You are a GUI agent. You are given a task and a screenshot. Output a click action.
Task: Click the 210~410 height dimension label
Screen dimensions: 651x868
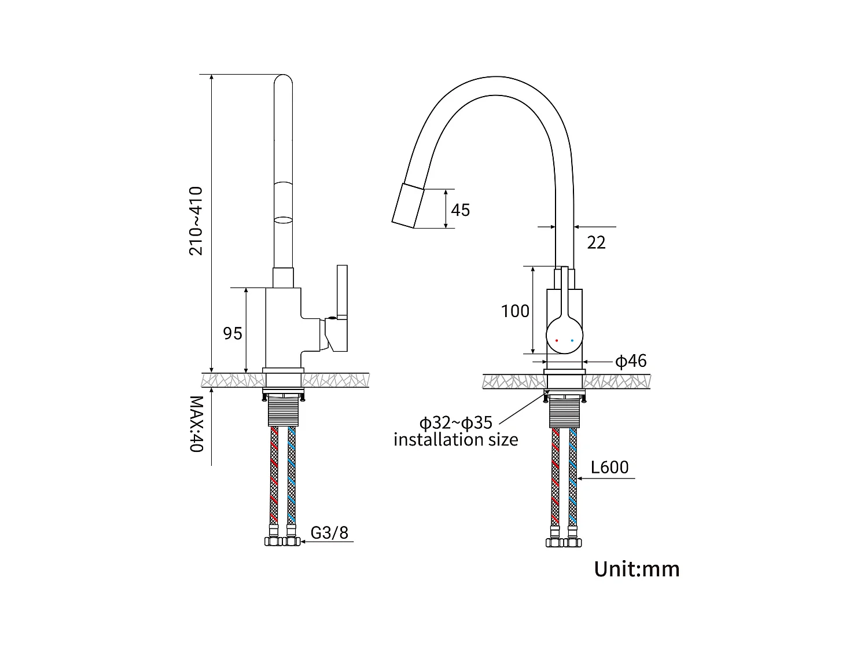196,220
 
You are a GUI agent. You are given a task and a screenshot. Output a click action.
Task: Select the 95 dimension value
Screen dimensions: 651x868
233,333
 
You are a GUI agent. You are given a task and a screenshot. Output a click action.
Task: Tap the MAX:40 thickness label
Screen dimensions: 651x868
196,424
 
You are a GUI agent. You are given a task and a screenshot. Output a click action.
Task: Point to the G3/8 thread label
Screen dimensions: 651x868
329,532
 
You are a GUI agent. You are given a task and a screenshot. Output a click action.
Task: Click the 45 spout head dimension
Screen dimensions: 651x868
460,209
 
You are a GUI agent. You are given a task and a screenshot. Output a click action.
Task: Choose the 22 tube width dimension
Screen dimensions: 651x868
596,242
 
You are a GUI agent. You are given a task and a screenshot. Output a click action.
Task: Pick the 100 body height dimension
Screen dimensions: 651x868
515,311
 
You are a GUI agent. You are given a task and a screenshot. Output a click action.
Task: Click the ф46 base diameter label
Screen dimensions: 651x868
630,362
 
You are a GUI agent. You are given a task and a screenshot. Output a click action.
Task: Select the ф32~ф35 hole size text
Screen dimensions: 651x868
455,422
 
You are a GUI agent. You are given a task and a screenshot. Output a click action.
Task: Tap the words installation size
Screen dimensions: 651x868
455,440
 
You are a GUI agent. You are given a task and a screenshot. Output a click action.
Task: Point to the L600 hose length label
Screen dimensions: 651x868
609,468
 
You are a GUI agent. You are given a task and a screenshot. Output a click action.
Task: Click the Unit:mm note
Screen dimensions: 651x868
637,569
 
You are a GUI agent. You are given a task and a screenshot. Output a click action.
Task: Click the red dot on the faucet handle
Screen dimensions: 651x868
557,340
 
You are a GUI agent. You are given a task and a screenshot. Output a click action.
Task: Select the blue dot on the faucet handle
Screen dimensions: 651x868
572,340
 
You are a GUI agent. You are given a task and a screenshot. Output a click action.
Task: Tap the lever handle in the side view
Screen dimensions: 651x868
342,292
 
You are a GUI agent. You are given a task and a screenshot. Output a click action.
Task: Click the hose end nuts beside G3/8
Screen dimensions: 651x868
282,542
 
